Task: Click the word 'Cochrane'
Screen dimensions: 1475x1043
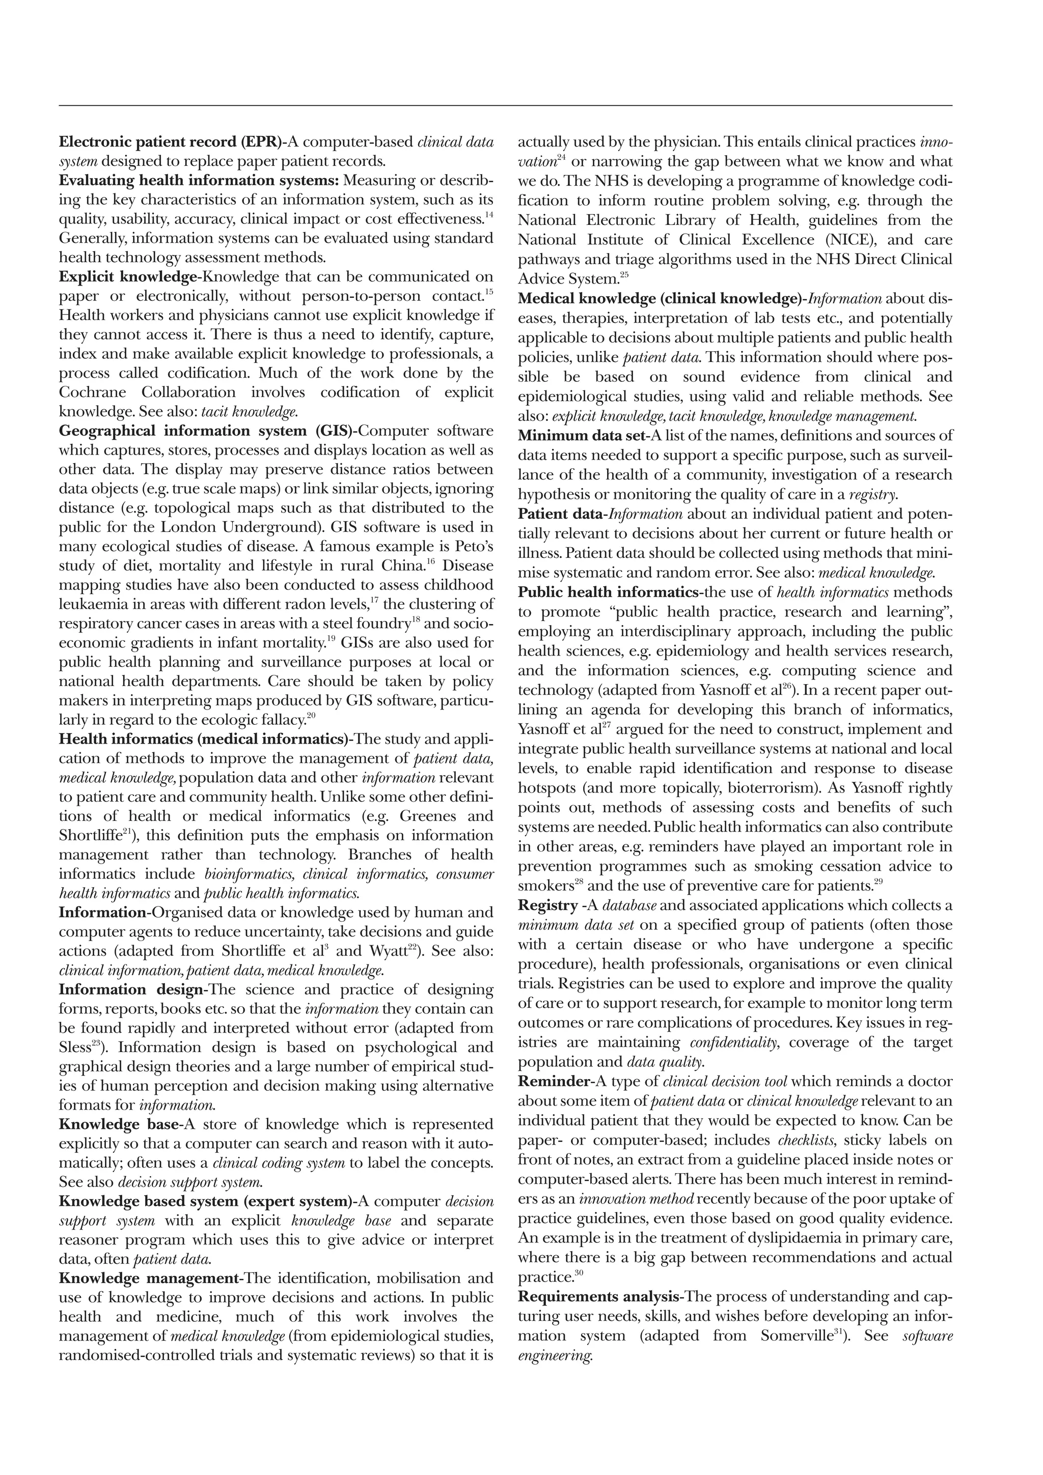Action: point(93,392)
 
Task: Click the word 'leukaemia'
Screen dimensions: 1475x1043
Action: point(91,605)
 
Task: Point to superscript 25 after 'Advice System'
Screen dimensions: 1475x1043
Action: point(624,275)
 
